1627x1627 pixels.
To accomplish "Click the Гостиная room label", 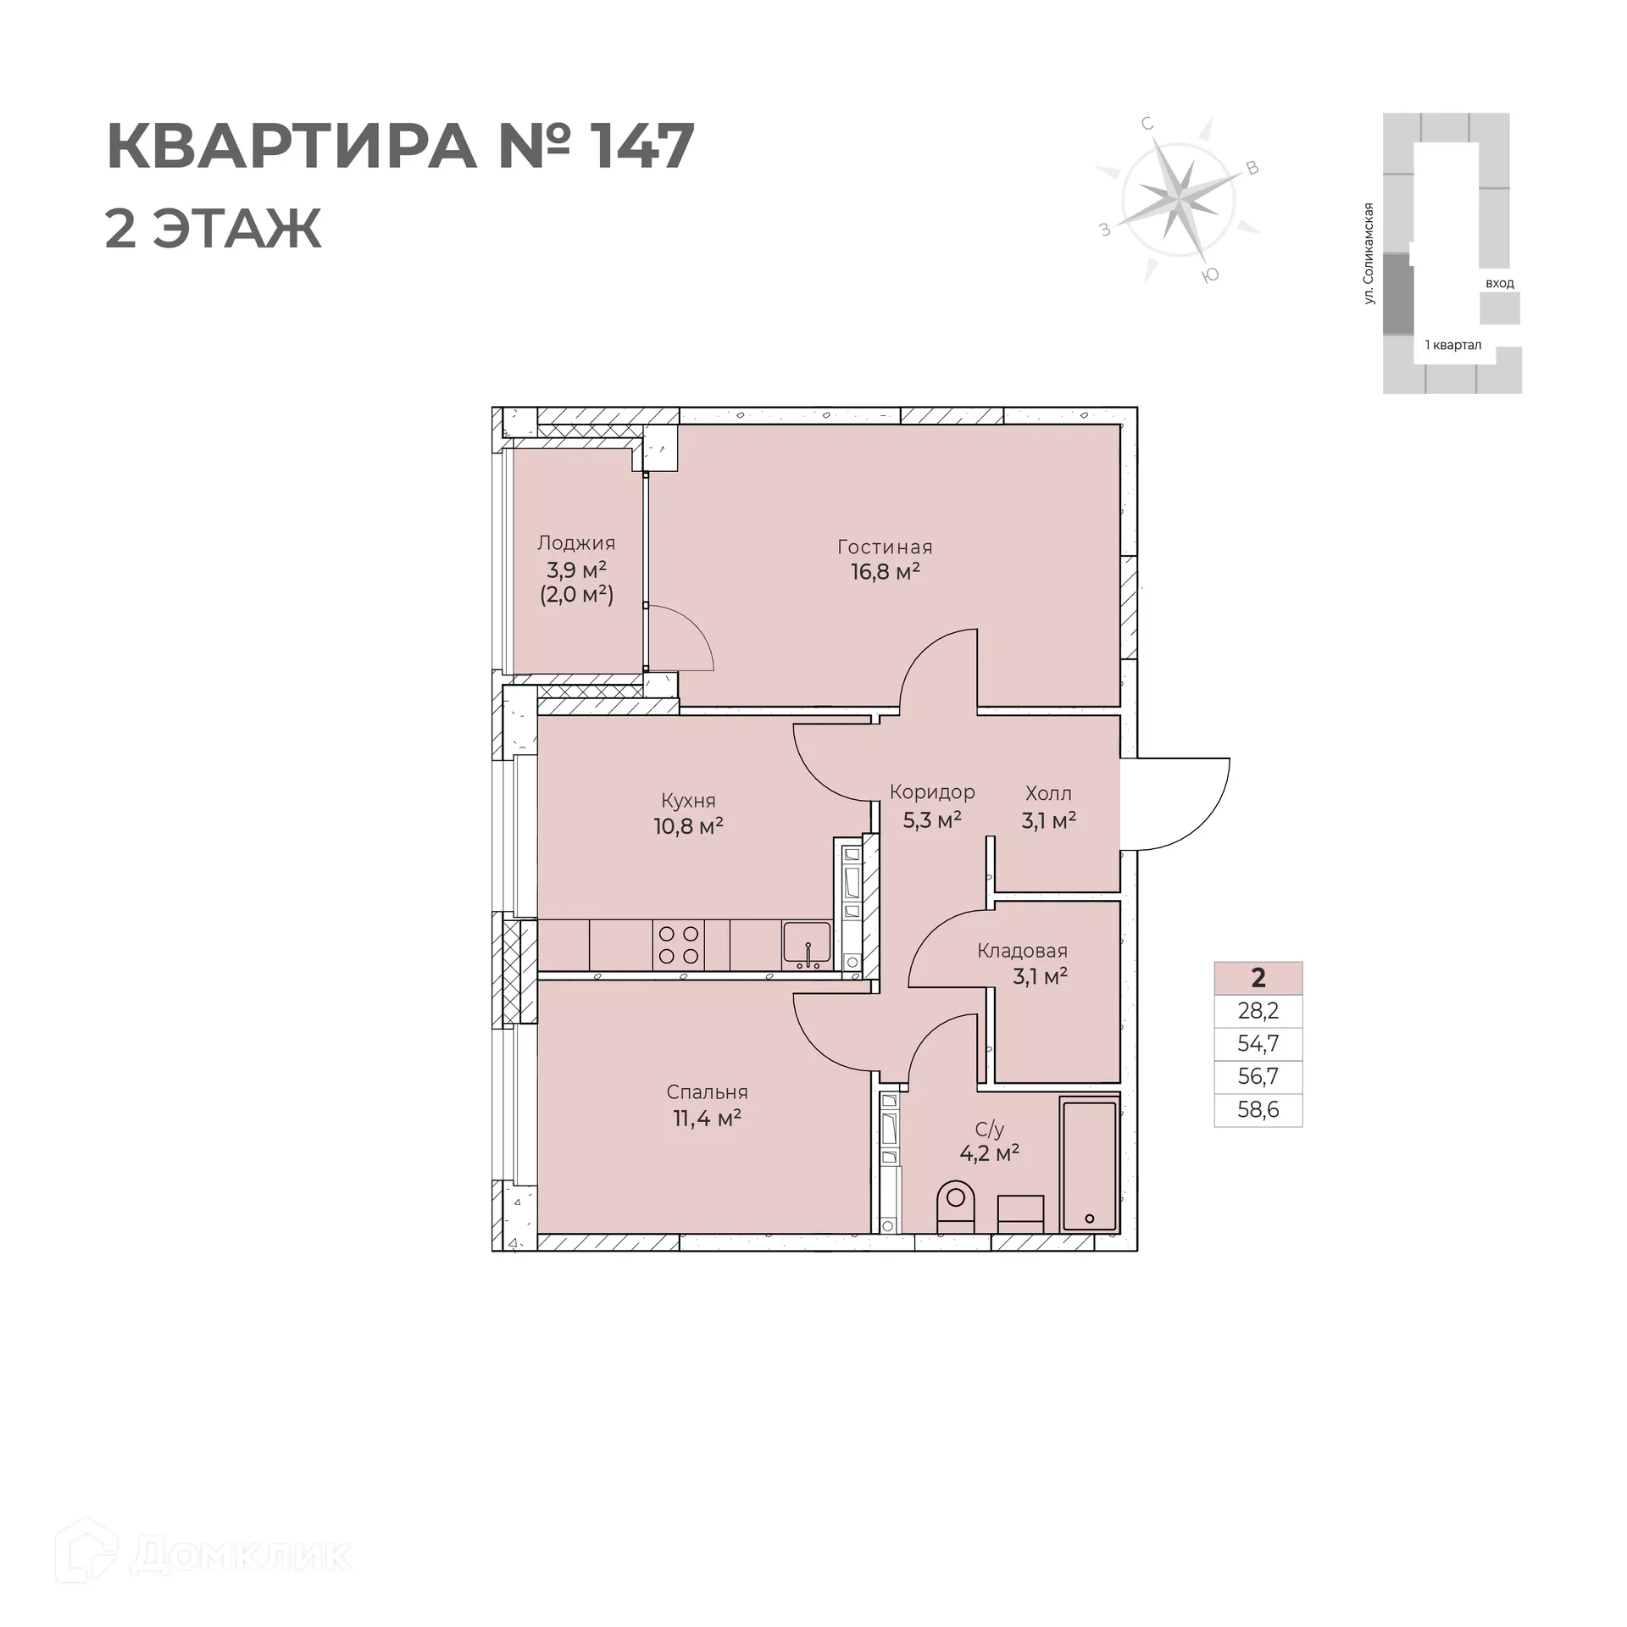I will (x=885, y=547).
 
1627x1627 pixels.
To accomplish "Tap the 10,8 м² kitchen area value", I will (x=688, y=826).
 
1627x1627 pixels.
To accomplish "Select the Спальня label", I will (x=707, y=1092).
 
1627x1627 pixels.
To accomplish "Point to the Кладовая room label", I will (x=1022, y=951).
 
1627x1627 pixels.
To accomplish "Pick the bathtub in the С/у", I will (x=1089, y=1165).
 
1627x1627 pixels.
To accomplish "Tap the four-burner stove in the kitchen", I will (x=679, y=945).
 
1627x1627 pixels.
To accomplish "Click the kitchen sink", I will (x=806, y=943).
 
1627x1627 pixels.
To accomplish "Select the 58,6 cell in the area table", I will (x=1258, y=1110).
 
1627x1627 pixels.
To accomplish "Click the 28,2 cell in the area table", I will (x=1258, y=1011).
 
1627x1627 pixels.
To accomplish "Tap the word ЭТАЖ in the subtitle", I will (x=236, y=228).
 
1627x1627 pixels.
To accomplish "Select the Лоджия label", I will (x=576, y=543).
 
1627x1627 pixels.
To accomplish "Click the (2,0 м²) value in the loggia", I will (x=576, y=595).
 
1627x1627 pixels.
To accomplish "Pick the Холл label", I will (x=1048, y=794).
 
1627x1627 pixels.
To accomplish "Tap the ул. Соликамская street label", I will (x=1368, y=253).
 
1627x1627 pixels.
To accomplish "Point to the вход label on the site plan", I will (x=1499, y=283).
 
